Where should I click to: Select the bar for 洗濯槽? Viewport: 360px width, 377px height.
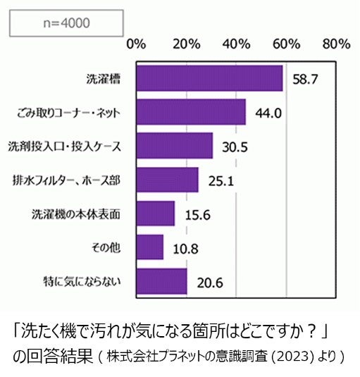pyautogui.click(x=209, y=78)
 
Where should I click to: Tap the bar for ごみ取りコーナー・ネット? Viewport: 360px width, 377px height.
pyautogui.click(x=190, y=112)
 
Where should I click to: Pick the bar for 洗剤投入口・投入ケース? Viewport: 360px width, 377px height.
pyautogui.click(x=174, y=146)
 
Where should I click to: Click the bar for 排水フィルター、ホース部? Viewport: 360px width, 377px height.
pyautogui.click(x=167, y=180)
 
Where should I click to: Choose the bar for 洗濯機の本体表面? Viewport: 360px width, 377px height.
pyautogui.click(x=155, y=214)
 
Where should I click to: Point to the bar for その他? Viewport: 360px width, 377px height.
pyautogui.click(x=149, y=247)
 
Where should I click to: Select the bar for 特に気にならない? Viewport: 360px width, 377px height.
pyautogui.click(x=161, y=281)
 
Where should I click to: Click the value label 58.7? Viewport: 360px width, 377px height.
pyautogui.click(x=306, y=79)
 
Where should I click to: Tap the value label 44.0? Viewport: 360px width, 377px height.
pyautogui.click(x=268, y=113)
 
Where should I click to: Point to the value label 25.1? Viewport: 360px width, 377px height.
pyautogui.click(x=221, y=180)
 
